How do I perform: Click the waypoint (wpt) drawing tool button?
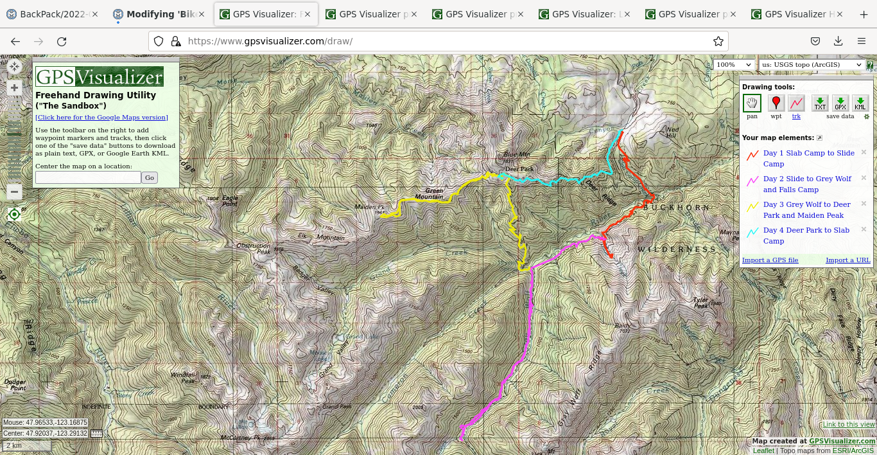click(x=776, y=103)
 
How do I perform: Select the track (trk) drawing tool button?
click(x=796, y=103)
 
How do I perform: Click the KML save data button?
click(x=860, y=103)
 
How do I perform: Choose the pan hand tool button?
click(x=752, y=103)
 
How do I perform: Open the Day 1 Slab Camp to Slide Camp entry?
click(x=808, y=158)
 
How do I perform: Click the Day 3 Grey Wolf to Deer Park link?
click(x=806, y=210)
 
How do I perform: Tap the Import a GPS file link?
click(x=770, y=260)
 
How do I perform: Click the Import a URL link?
click(x=847, y=260)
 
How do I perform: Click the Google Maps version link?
click(x=101, y=118)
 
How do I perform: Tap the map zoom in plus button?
click(x=14, y=88)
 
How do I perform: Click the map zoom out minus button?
click(x=14, y=192)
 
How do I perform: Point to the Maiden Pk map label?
click(x=369, y=207)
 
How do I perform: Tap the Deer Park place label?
click(x=519, y=170)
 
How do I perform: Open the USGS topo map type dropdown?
click(x=812, y=65)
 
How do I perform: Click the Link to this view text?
click(x=849, y=424)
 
